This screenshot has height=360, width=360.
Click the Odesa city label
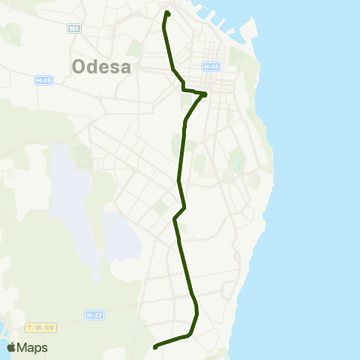(102, 67)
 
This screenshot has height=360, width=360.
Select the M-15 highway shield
(44, 79)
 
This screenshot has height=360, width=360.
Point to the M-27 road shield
(94, 314)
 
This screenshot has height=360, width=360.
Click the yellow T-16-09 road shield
(41, 328)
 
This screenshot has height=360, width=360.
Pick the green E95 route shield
(74, 28)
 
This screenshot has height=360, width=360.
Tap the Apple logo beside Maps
(11, 347)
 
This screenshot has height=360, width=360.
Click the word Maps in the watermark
(33, 348)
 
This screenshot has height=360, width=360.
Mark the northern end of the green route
(168, 13)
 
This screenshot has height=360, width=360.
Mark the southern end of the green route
(154, 346)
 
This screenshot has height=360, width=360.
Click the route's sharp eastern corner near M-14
(205, 94)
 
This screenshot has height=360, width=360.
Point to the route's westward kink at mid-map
(175, 219)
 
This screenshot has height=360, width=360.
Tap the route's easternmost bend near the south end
(197, 314)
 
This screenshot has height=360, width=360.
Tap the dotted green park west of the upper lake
(81, 156)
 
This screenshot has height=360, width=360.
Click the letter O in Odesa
(79, 67)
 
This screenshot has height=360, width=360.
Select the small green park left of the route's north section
(135, 47)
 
